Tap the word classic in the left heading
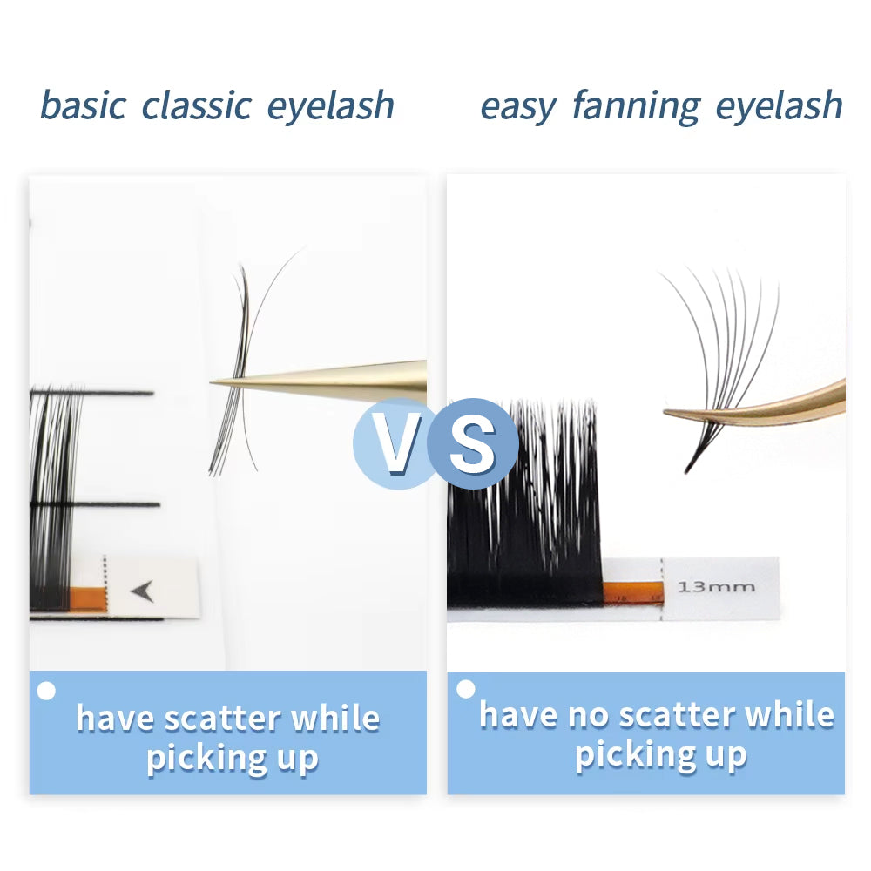(197, 105)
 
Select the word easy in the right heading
(517, 107)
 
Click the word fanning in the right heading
(636, 107)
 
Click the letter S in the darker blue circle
(474, 443)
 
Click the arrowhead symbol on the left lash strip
(142, 591)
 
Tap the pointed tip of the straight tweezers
(215, 381)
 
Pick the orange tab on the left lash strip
(86, 598)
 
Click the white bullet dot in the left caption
(47, 692)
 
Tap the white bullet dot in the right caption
(466, 689)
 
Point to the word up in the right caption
(721, 753)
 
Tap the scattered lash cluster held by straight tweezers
(240, 366)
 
